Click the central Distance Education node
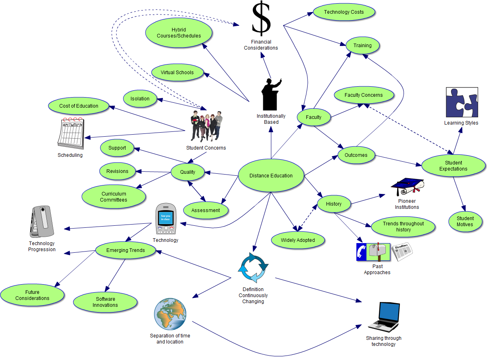click(x=271, y=175)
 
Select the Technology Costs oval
click(x=344, y=12)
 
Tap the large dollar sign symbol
click(x=261, y=19)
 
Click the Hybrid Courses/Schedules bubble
click(x=179, y=33)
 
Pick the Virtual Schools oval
click(x=177, y=73)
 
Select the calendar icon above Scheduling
click(x=71, y=133)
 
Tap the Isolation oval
click(x=140, y=98)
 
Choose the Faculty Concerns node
click(x=364, y=95)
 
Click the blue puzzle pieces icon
click(x=462, y=102)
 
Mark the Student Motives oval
click(x=465, y=221)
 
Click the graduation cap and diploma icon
click(x=407, y=187)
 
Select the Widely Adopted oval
click(x=298, y=240)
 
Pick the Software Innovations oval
click(x=106, y=302)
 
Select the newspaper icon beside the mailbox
click(x=402, y=252)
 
